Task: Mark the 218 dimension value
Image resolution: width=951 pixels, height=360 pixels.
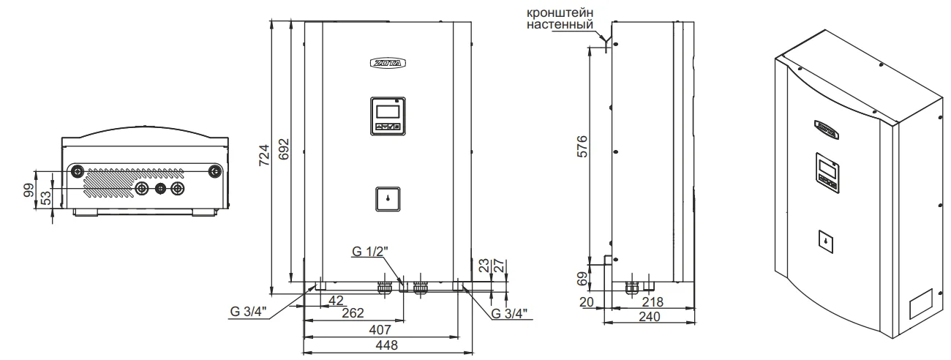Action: pyautogui.click(x=653, y=301)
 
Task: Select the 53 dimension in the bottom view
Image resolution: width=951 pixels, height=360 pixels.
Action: pyautogui.click(x=45, y=198)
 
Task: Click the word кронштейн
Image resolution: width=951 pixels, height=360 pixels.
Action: pyautogui.click(x=560, y=12)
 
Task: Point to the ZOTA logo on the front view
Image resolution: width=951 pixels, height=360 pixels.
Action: pyautogui.click(x=386, y=62)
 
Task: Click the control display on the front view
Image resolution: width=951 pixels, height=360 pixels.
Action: pyautogui.click(x=386, y=115)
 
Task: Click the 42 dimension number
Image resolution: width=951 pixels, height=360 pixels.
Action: pyautogui.click(x=336, y=300)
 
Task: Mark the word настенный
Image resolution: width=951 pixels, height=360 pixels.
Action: pyautogui.click(x=560, y=25)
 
